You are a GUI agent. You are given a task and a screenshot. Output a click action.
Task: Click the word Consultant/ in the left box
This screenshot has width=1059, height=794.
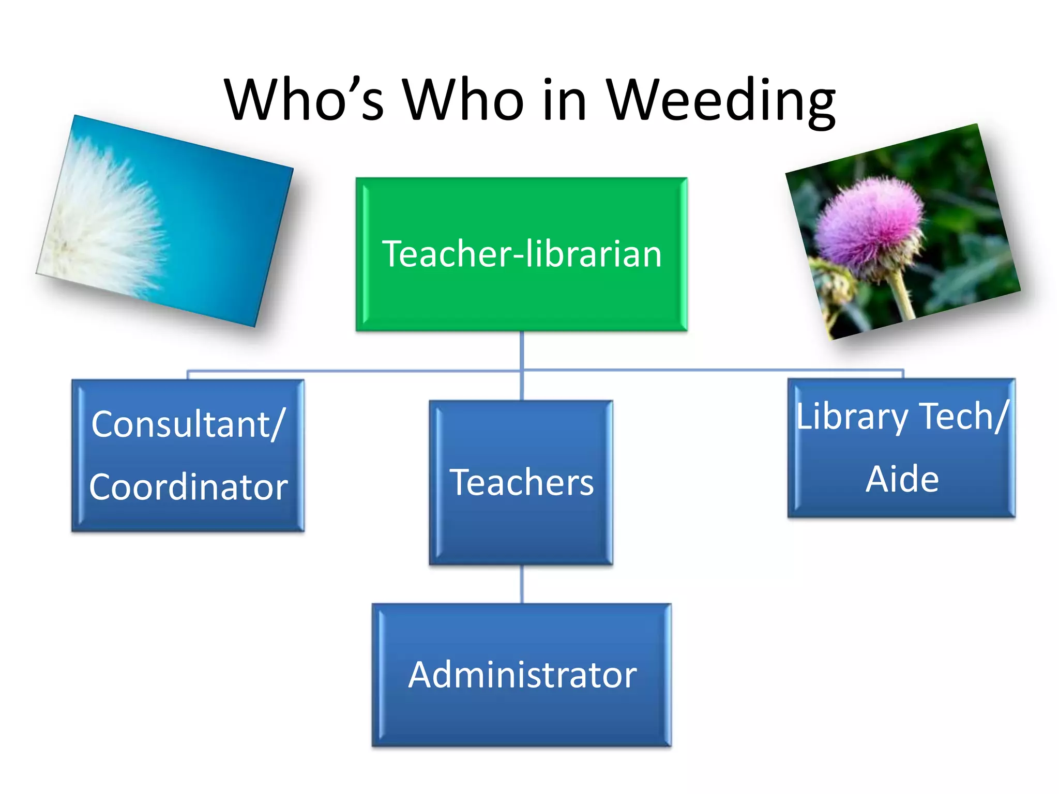click(188, 424)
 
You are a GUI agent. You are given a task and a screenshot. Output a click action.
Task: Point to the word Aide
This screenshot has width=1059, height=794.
click(902, 479)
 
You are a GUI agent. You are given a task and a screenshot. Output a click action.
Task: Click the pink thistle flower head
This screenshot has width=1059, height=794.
click(869, 222)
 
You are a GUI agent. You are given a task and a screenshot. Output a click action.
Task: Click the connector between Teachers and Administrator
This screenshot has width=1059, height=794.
click(521, 584)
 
